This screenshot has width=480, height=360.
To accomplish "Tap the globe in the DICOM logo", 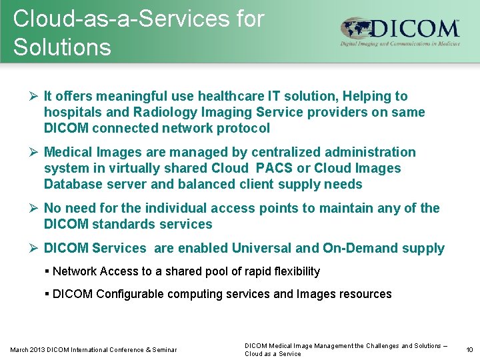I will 355,30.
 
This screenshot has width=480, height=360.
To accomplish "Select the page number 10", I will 469,349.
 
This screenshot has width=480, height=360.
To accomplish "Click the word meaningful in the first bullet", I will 126,97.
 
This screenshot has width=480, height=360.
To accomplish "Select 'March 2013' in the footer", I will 27,350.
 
